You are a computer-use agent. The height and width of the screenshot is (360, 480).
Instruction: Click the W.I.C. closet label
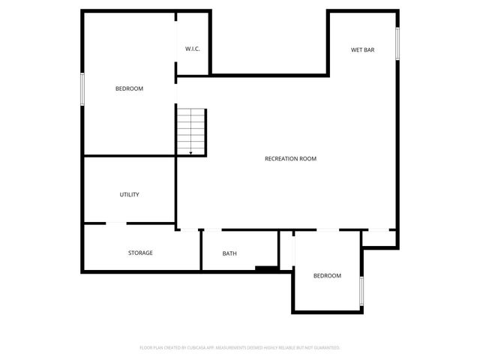193,49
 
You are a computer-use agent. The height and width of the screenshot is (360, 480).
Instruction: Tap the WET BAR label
362,50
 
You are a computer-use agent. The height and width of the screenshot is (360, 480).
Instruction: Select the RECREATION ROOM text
291,158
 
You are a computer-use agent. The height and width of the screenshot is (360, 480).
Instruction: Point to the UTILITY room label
129,194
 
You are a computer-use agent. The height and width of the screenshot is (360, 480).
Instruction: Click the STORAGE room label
140,253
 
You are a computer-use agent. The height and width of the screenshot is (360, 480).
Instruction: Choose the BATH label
229,253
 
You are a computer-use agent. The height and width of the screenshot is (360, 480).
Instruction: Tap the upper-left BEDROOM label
129,88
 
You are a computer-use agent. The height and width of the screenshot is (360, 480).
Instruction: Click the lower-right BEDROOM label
327,276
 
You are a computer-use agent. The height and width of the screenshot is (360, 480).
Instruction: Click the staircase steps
191,129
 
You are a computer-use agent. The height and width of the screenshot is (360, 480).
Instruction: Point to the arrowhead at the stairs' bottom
191,153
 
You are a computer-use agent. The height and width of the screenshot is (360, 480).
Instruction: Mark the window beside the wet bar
397,49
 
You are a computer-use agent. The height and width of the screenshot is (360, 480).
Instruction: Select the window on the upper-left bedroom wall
82,88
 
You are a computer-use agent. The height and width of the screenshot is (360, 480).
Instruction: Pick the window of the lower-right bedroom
361,290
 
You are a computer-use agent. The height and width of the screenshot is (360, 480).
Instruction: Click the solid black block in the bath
265,268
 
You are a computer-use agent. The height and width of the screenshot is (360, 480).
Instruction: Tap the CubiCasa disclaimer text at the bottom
240,348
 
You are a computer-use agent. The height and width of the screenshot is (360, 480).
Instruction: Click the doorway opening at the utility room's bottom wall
116,223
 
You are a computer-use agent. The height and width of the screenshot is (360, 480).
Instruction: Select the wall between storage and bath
201,250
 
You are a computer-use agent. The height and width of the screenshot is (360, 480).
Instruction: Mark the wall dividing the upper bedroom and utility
129,156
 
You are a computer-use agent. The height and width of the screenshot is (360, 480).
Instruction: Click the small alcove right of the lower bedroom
378,238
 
